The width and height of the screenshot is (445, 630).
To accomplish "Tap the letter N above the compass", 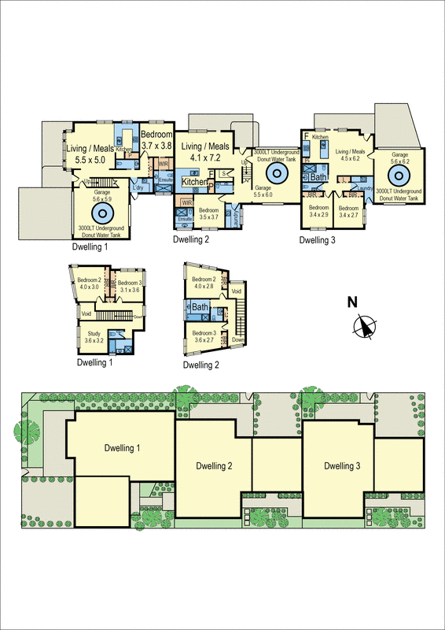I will coord(354,302).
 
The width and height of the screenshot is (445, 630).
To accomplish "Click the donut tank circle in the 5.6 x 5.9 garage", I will coord(101,213).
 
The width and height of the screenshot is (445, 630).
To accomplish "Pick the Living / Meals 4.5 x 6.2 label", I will coord(351,156).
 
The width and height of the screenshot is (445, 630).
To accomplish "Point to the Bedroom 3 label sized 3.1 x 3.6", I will coord(128,286).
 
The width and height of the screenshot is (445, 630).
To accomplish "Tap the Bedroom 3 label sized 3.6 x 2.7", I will coord(204,335).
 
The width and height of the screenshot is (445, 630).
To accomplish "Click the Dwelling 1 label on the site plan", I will coord(122,448).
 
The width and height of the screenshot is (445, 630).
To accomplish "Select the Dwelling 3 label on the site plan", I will coord(342,466).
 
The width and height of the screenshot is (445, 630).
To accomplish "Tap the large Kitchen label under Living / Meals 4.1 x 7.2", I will coord(195,182).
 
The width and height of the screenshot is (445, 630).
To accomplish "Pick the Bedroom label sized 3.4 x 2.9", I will coord(319,210).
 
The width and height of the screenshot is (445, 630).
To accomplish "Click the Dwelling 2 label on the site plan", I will coord(213,466).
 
